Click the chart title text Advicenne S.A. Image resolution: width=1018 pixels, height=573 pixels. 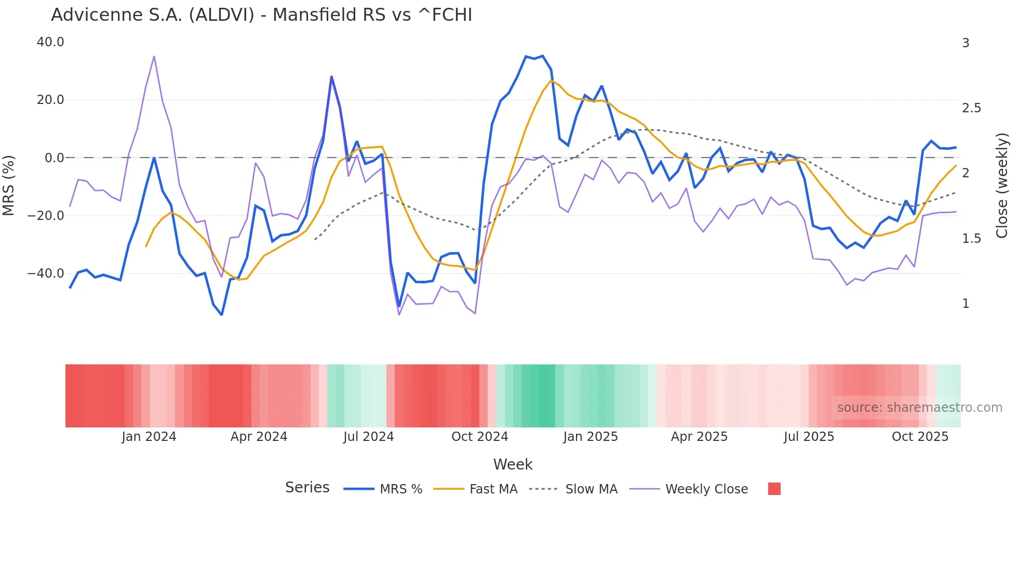(x=116, y=15)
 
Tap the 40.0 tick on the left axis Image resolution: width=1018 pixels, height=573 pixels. (x=50, y=42)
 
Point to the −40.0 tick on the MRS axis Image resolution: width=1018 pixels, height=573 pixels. (x=46, y=273)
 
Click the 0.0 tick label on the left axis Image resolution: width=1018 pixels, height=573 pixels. (x=54, y=158)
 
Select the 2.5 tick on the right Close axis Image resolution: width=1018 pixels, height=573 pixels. (x=971, y=108)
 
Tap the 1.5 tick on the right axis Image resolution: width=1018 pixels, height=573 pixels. (x=971, y=239)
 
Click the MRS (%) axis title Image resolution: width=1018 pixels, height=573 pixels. (x=9, y=185)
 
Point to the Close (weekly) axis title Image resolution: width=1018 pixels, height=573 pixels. (x=1002, y=185)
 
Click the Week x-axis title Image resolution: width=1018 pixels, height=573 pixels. (x=513, y=464)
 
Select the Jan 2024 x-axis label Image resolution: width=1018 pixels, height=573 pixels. (x=149, y=437)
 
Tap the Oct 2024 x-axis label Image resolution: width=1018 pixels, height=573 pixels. (x=479, y=437)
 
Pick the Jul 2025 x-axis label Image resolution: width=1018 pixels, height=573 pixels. (x=809, y=437)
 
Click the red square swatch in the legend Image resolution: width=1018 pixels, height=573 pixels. (x=774, y=489)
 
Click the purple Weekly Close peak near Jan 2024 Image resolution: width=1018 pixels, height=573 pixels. (x=154, y=57)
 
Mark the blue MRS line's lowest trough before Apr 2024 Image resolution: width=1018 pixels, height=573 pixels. (x=222, y=315)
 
